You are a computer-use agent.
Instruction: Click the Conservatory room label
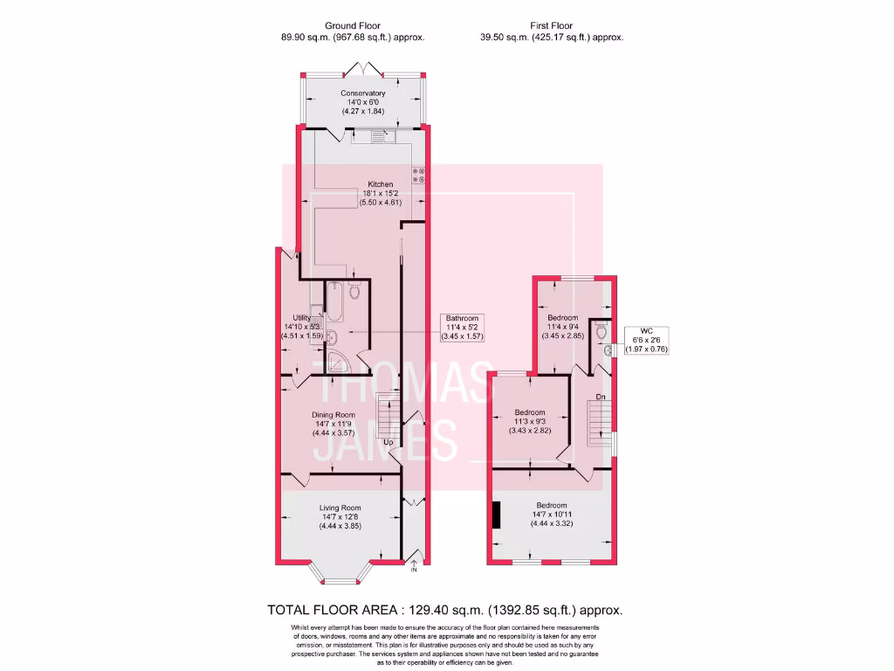pyautogui.click(x=363, y=93)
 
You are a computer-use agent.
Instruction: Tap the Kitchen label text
pyautogui.click(x=381, y=184)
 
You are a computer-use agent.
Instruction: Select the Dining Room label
pyautogui.click(x=334, y=415)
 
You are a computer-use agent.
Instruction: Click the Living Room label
pyautogui.click(x=340, y=508)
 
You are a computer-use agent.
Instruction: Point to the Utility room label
pyautogui.click(x=302, y=318)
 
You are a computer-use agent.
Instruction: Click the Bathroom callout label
pyautogui.click(x=463, y=318)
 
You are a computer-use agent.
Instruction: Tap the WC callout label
pyautogui.click(x=647, y=331)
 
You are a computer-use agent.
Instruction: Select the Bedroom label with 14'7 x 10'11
pyautogui.click(x=552, y=506)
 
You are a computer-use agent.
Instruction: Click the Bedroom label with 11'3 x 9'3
pyautogui.click(x=530, y=412)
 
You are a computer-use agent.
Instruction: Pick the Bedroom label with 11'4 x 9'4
pyautogui.click(x=563, y=317)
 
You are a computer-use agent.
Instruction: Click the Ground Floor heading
pyautogui.click(x=353, y=26)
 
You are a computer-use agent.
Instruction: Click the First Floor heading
pyautogui.click(x=552, y=26)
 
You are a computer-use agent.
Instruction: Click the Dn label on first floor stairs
pyautogui.click(x=601, y=398)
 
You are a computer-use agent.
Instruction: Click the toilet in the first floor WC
pyautogui.click(x=599, y=331)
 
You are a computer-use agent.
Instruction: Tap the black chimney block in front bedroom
pyautogui.click(x=496, y=515)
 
